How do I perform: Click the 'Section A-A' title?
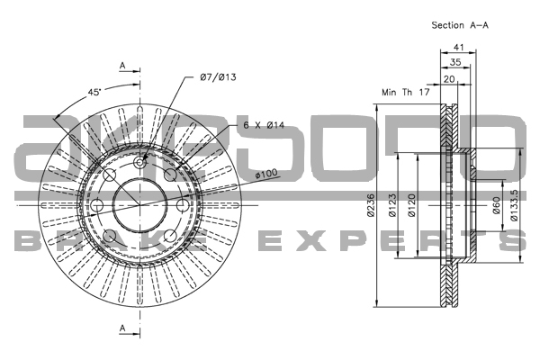pos(460,25)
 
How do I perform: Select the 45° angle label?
pos(94,92)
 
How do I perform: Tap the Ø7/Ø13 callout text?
pos(218,78)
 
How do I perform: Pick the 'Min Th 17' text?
pos(406,92)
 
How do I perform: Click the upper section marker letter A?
pos(121,66)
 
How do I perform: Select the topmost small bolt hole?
pos(139,162)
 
